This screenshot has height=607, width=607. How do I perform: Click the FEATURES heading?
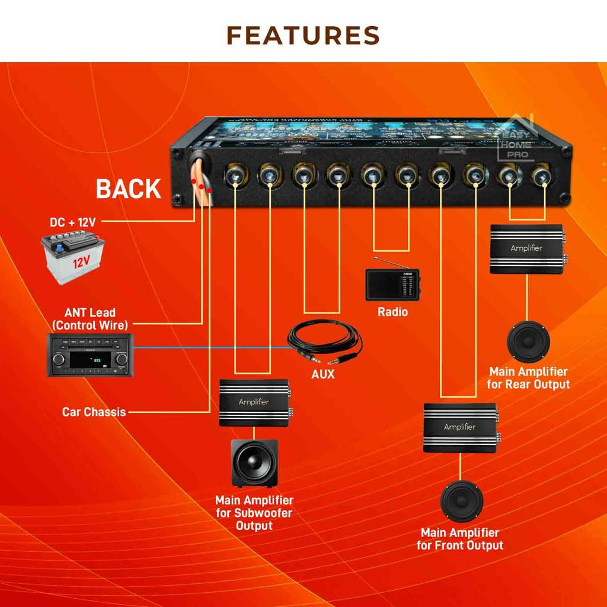[x=303, y=35]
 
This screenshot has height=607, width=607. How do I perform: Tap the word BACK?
[x=129, y=189]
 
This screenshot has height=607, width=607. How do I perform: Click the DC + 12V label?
[x=72, y=223]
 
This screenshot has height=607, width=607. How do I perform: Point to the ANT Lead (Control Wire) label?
[x=90, y=318]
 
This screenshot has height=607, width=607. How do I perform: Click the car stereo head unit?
[x=91, y=354]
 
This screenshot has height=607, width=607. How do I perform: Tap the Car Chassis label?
[x=94, y=411]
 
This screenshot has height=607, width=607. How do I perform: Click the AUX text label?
[x=323, y=374]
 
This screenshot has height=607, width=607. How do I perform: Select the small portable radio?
[x=392, y=283]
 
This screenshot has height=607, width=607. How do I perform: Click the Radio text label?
[x=392, y=311]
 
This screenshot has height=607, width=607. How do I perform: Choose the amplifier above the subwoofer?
[x=254, y=402]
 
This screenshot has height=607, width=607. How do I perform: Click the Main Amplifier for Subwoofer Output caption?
[x=254, y=513]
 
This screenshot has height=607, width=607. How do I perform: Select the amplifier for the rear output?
[x=526, y=249]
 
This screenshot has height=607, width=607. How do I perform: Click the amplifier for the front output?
[x=460, y=428]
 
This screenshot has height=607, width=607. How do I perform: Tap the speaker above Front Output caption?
[x=461, y=501]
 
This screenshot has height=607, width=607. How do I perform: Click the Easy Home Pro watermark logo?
[x=517, y=139]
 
